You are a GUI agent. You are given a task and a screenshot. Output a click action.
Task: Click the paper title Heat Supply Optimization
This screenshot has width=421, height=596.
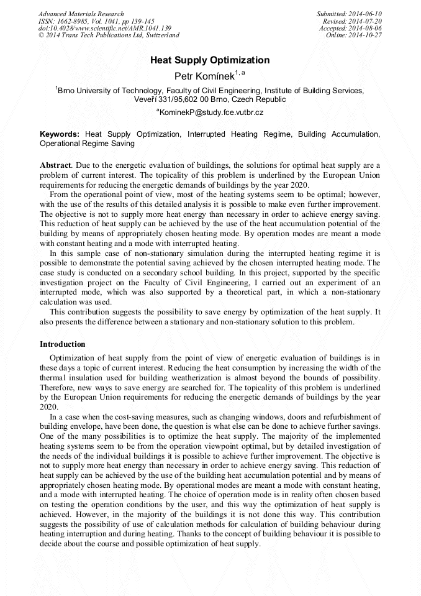pyautogui.click(x=210, y=60)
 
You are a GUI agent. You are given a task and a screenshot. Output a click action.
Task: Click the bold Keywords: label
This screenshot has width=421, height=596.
pyautogui.click(x=60, y=134)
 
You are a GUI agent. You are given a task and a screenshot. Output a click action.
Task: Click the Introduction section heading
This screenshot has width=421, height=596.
pyautogui.click(x=63, y=344)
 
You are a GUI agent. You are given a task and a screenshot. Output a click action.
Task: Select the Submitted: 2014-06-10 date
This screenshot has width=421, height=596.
pyautogui.click(x=350, y=14)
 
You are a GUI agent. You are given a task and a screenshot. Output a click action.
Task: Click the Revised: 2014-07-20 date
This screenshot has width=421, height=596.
pyautogui.click(x=353, y=21)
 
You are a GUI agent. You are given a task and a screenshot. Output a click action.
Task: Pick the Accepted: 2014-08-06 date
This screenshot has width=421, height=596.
pyautogui.click(x=351, y=29)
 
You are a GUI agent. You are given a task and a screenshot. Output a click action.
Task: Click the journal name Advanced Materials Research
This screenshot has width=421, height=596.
pyautogui.click(x=81, y=14)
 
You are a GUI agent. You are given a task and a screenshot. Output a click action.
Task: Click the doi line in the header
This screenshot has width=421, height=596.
pyautogui.click(x=104, y=29)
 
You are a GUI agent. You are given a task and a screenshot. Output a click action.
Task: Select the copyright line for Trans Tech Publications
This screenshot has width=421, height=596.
pyautogui.click(x=109, y=35)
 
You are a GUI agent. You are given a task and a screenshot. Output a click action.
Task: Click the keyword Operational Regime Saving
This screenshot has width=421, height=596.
pyautogui.click(x=87, y=144)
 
